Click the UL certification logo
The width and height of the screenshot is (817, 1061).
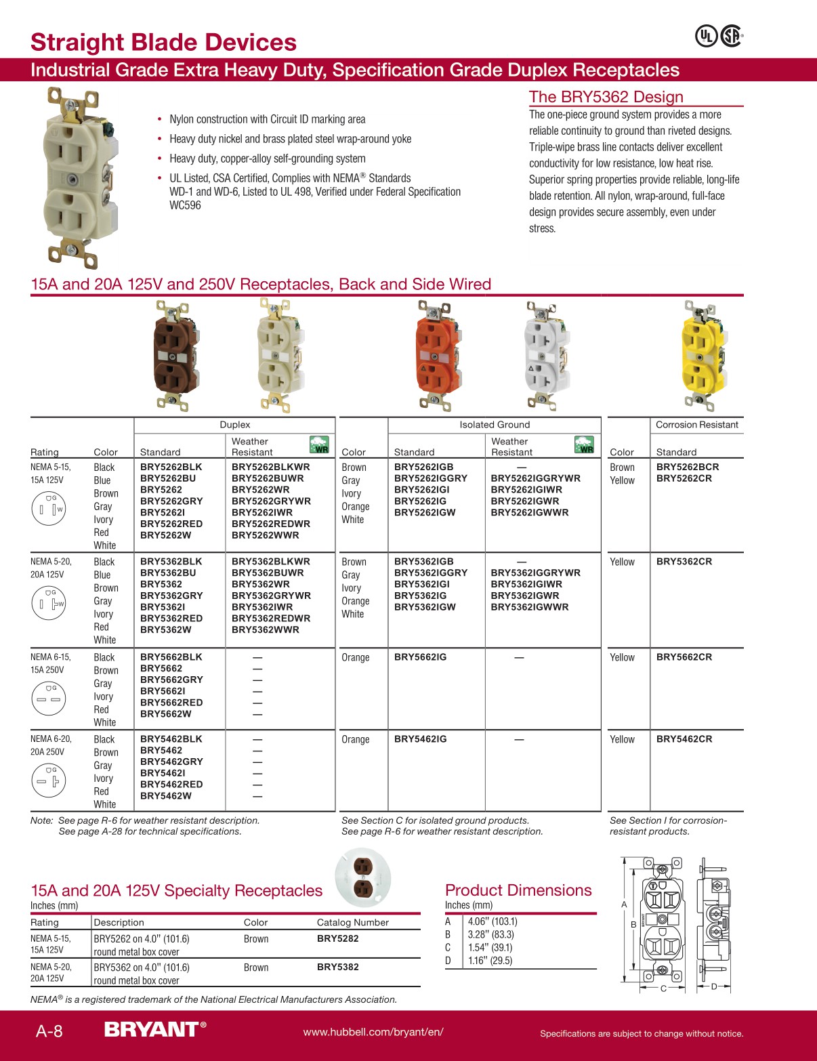tap(706, 36)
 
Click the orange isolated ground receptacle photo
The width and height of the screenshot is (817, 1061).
tap(434, 356)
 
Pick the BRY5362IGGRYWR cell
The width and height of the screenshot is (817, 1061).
tap(535, 573)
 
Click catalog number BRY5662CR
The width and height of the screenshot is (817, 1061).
tap(684, 657)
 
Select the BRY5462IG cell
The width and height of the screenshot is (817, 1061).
tap(420, 738)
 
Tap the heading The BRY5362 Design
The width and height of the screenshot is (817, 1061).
tap(606, 97)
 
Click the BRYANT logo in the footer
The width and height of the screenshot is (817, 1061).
tap(154, 1030)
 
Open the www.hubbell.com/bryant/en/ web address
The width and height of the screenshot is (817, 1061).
tap(373, 1032)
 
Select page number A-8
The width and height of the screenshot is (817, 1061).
tap(49, 1031)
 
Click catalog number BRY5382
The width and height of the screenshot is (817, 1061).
tap(337, 967)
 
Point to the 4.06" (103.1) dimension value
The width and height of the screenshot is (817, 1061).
tap(492, 921)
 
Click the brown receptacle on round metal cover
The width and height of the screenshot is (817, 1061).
tap(363, 877)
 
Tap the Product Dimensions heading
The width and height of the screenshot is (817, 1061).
tap(518, 890)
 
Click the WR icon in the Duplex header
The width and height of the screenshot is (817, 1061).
tap(319, 445)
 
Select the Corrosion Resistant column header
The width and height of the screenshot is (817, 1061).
tap(696, 425)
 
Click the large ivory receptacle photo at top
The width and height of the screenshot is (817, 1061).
tap(76, 178)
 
